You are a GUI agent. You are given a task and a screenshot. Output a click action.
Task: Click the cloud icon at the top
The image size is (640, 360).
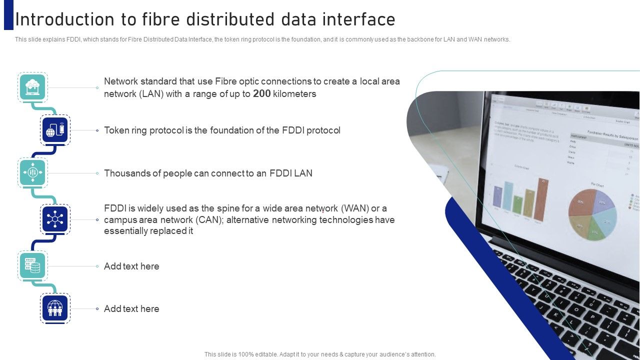click(x=32, y=87)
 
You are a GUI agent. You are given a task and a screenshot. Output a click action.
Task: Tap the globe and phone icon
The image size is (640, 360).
click(x=55, y=130)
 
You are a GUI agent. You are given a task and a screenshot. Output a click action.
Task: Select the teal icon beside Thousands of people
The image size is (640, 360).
click(x=32, y=173)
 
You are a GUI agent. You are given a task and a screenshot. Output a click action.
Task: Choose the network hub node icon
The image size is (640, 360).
click(x=55, y=219)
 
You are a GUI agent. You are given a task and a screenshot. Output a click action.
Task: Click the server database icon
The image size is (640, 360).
click(x=32, y=266)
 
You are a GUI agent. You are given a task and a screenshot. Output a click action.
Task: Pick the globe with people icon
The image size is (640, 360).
click(x=55, y=308)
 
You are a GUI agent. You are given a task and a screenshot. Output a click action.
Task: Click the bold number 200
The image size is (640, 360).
click(x=262, y=93)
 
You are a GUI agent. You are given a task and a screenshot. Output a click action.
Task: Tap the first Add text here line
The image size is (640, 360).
click(x=131, y=266)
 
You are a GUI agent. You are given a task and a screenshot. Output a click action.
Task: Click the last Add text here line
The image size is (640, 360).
click(x=131, y=309)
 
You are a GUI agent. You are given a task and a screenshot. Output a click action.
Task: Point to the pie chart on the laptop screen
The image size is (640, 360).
click(x=592, y=214)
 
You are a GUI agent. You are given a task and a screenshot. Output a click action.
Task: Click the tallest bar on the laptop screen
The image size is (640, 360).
click(x=540, y=200)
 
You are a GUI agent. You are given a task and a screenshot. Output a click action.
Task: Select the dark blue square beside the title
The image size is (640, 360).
click(x=8, y=15)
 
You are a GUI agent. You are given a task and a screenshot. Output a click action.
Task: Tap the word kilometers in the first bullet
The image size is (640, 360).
click(x=294, y=94)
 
